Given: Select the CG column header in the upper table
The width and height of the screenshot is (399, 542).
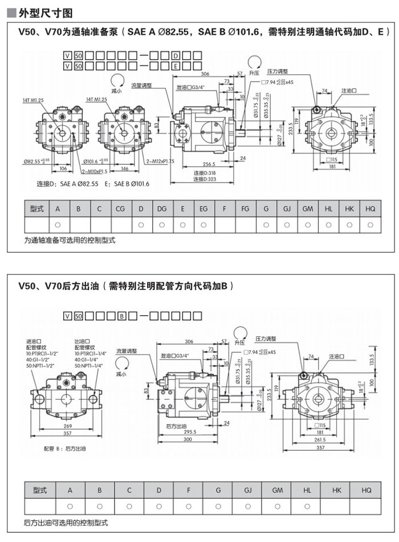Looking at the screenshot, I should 120,209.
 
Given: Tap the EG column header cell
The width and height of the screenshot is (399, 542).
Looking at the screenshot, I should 203,209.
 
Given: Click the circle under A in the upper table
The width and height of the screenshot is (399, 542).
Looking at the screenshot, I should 58,225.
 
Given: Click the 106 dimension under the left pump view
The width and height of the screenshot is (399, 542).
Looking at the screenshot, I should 63,169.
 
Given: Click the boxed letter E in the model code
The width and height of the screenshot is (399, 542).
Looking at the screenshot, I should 176,66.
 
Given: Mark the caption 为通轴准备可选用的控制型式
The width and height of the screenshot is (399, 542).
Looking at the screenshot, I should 70,241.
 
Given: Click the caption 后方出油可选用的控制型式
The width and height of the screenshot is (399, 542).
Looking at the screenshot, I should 66,522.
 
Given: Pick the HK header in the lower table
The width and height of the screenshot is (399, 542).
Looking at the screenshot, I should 336,490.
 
